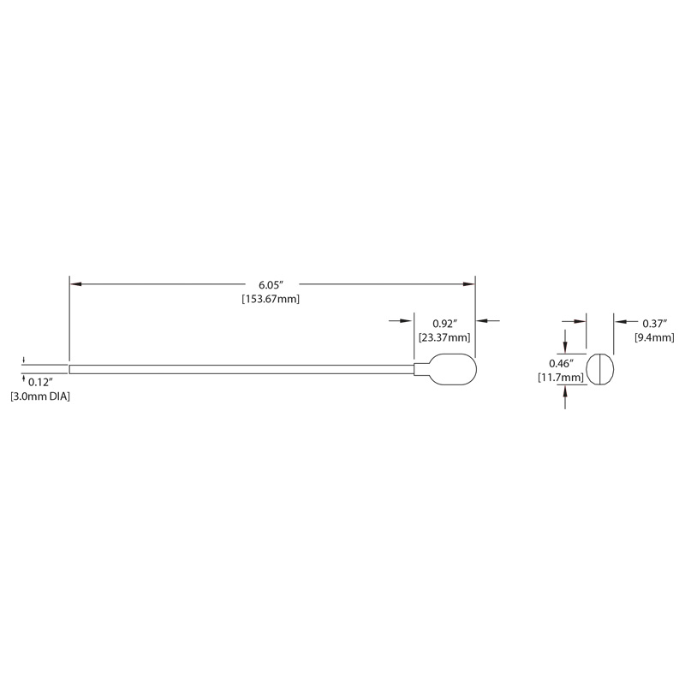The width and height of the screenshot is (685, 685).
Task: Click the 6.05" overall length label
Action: click(271, 285)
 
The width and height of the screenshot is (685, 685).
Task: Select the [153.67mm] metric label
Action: click(271, 299)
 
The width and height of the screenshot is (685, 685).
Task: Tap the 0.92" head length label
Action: click(445, 324)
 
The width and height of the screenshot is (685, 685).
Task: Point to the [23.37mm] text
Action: click(444, 337)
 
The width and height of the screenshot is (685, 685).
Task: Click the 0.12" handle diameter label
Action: click(40, 382)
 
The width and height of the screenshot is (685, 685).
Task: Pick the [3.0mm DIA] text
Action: click(40, 396)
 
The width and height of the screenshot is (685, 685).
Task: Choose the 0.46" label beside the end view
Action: click(562, 363)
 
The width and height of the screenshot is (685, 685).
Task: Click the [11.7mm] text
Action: click(561, 378)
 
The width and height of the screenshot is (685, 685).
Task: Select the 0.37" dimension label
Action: click(655, 324)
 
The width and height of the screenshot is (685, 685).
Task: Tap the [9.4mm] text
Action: click(654, 337)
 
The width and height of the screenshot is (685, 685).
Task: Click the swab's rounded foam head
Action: click(453, 369)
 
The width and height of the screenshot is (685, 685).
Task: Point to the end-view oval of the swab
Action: click(600, 369)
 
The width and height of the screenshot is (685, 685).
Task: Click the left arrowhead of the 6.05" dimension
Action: click(75, 284)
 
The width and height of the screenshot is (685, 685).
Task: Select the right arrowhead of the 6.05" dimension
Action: click(469, 284)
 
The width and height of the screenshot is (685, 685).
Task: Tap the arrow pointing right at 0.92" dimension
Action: click(401, 321)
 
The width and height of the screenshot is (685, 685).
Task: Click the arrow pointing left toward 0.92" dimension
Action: click(488, 321)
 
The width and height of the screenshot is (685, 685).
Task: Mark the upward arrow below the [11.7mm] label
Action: click(565, 398)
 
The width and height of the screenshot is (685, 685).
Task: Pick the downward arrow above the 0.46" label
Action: click(565, 341)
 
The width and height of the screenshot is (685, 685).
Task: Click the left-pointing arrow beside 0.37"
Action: click(627, 322)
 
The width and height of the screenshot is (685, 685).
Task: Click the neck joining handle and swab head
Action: click(421, 369)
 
